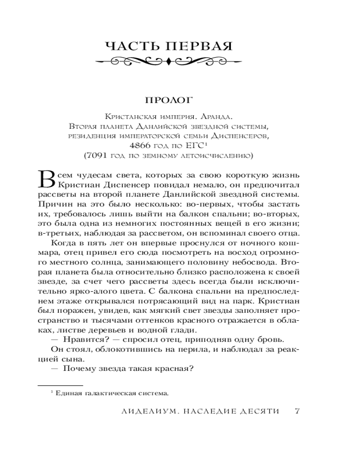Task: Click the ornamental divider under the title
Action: [167, 61]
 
